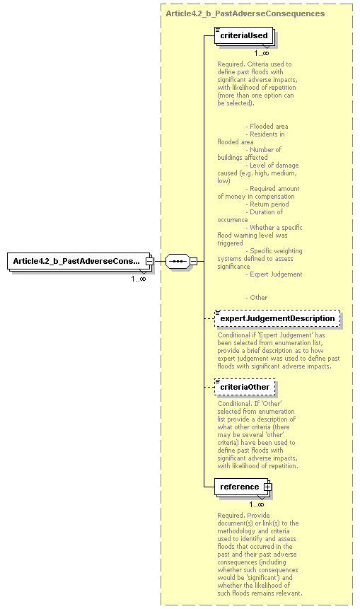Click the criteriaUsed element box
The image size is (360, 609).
click(243, 35)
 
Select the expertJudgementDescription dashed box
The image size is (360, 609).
click(277, 319)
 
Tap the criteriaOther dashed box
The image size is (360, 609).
click(245, 388)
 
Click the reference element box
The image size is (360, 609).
click(239, 487)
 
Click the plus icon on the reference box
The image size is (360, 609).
click(267, 487)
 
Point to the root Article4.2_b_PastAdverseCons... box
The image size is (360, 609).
click(76, 261)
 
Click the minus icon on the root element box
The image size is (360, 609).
click(149, 261)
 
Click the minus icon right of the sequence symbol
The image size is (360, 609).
click(192, 261)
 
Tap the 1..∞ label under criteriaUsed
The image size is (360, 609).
click(261, 53)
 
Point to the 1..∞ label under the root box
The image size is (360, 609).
click(137, 279)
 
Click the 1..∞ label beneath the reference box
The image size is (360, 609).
click(256, 504)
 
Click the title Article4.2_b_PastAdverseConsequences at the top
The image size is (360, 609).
click(245, 13)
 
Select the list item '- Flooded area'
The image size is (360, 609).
click(267, 127)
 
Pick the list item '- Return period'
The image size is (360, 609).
click(267, 204)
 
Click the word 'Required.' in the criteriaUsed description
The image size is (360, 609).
click(231, 64)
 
